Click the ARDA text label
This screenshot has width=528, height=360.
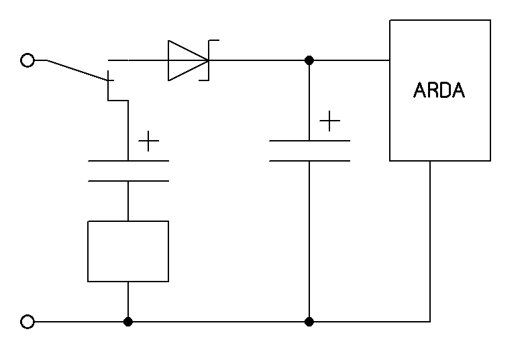[439, 91]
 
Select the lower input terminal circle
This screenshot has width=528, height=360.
[28, 322]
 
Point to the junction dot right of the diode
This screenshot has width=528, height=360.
[309, 60]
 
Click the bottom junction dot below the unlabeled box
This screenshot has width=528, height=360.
[128, 322]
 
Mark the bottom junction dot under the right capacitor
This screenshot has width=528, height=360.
[309, 322]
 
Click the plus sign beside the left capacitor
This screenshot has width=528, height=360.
[148, 141]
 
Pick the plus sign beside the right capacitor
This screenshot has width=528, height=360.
[329, 121]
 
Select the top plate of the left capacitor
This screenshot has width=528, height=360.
[128, 161]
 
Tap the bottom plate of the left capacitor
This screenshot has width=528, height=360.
[128, 181]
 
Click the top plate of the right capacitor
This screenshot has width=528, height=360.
[309, 141]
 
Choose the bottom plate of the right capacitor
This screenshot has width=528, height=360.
[309, 161]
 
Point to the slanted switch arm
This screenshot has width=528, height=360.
[77, 70]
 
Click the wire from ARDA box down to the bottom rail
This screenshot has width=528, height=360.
[430, 241]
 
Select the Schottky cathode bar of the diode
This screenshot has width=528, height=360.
[209, 60]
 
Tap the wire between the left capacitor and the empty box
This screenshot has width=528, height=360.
[128, 201]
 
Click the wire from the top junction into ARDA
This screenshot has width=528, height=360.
[350, 60]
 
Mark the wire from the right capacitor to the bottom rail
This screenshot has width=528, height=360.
[309, 241]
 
